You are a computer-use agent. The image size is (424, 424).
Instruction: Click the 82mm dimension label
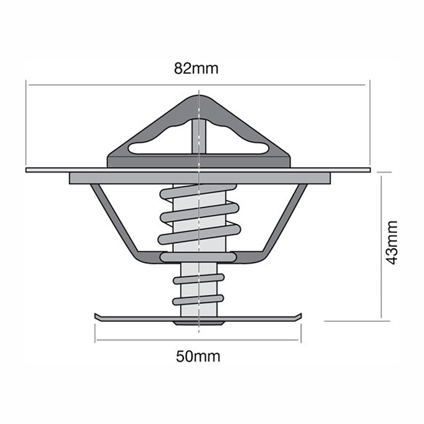coord(196,69)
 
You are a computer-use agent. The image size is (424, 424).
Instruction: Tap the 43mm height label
coord(392,242)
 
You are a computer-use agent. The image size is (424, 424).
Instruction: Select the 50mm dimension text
coord(198,357)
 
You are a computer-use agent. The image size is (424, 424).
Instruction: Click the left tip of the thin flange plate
coord(29,169)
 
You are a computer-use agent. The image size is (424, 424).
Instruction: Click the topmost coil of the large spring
coord(198,191)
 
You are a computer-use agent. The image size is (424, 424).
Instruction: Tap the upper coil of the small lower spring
coord(198,279)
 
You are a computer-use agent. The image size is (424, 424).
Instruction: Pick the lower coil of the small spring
coord(198,299)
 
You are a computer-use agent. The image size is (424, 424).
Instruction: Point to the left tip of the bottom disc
coord(97,316)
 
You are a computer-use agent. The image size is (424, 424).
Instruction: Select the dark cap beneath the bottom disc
coord(198,323)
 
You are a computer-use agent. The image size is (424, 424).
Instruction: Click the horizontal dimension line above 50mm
coord(198,340)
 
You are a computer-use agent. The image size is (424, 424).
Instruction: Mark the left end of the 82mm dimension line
coord(27,82)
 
